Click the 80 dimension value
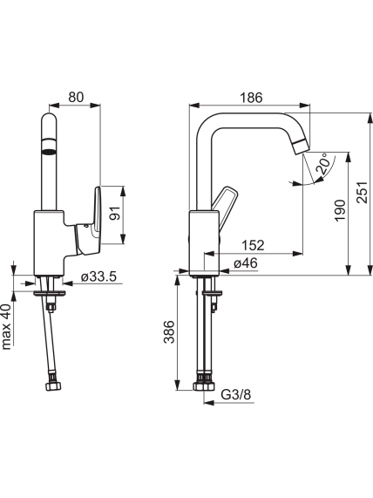[76, 97]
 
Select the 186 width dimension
[251, 98]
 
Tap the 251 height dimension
[363, 192]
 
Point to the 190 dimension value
[340, 210]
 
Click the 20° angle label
[322, 164]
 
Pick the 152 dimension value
[253, 245]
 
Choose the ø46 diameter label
[246, 263]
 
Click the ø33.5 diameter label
[98, 276]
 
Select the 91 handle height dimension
[115, 213]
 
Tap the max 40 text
[6, 326]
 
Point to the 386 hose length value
[169, 332]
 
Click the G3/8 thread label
[236, 395]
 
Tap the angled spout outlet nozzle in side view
[302, 147]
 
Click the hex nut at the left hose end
[53, 386]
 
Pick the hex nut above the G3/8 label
[204, 386]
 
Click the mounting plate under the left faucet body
[50, 292]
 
